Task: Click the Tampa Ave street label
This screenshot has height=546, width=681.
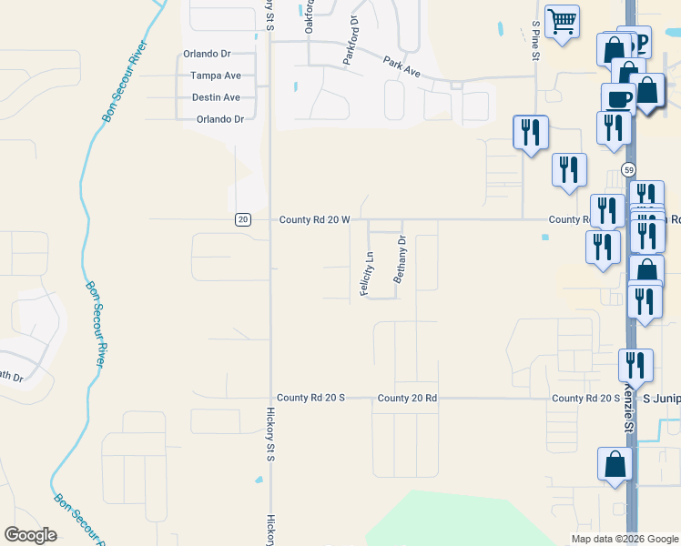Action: [215, 76]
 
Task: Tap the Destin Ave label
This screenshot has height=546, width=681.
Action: [216, 97]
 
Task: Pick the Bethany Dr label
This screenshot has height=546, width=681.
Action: [398, 259]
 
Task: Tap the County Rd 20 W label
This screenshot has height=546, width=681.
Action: [314, 219]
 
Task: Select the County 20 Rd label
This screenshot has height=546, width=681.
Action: [407, 398]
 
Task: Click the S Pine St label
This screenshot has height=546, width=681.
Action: [536, 42]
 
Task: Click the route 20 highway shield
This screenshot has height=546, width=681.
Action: [242, 219]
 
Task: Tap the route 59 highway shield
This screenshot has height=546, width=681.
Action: [628, 170]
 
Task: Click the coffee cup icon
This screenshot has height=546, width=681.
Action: [619, 98]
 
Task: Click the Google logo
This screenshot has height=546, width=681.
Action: [31, 534]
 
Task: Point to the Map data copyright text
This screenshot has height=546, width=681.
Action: [624, 539]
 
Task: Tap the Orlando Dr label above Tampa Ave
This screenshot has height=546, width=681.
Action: [215, 54]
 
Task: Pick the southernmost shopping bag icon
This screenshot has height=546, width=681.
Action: [615, 463]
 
